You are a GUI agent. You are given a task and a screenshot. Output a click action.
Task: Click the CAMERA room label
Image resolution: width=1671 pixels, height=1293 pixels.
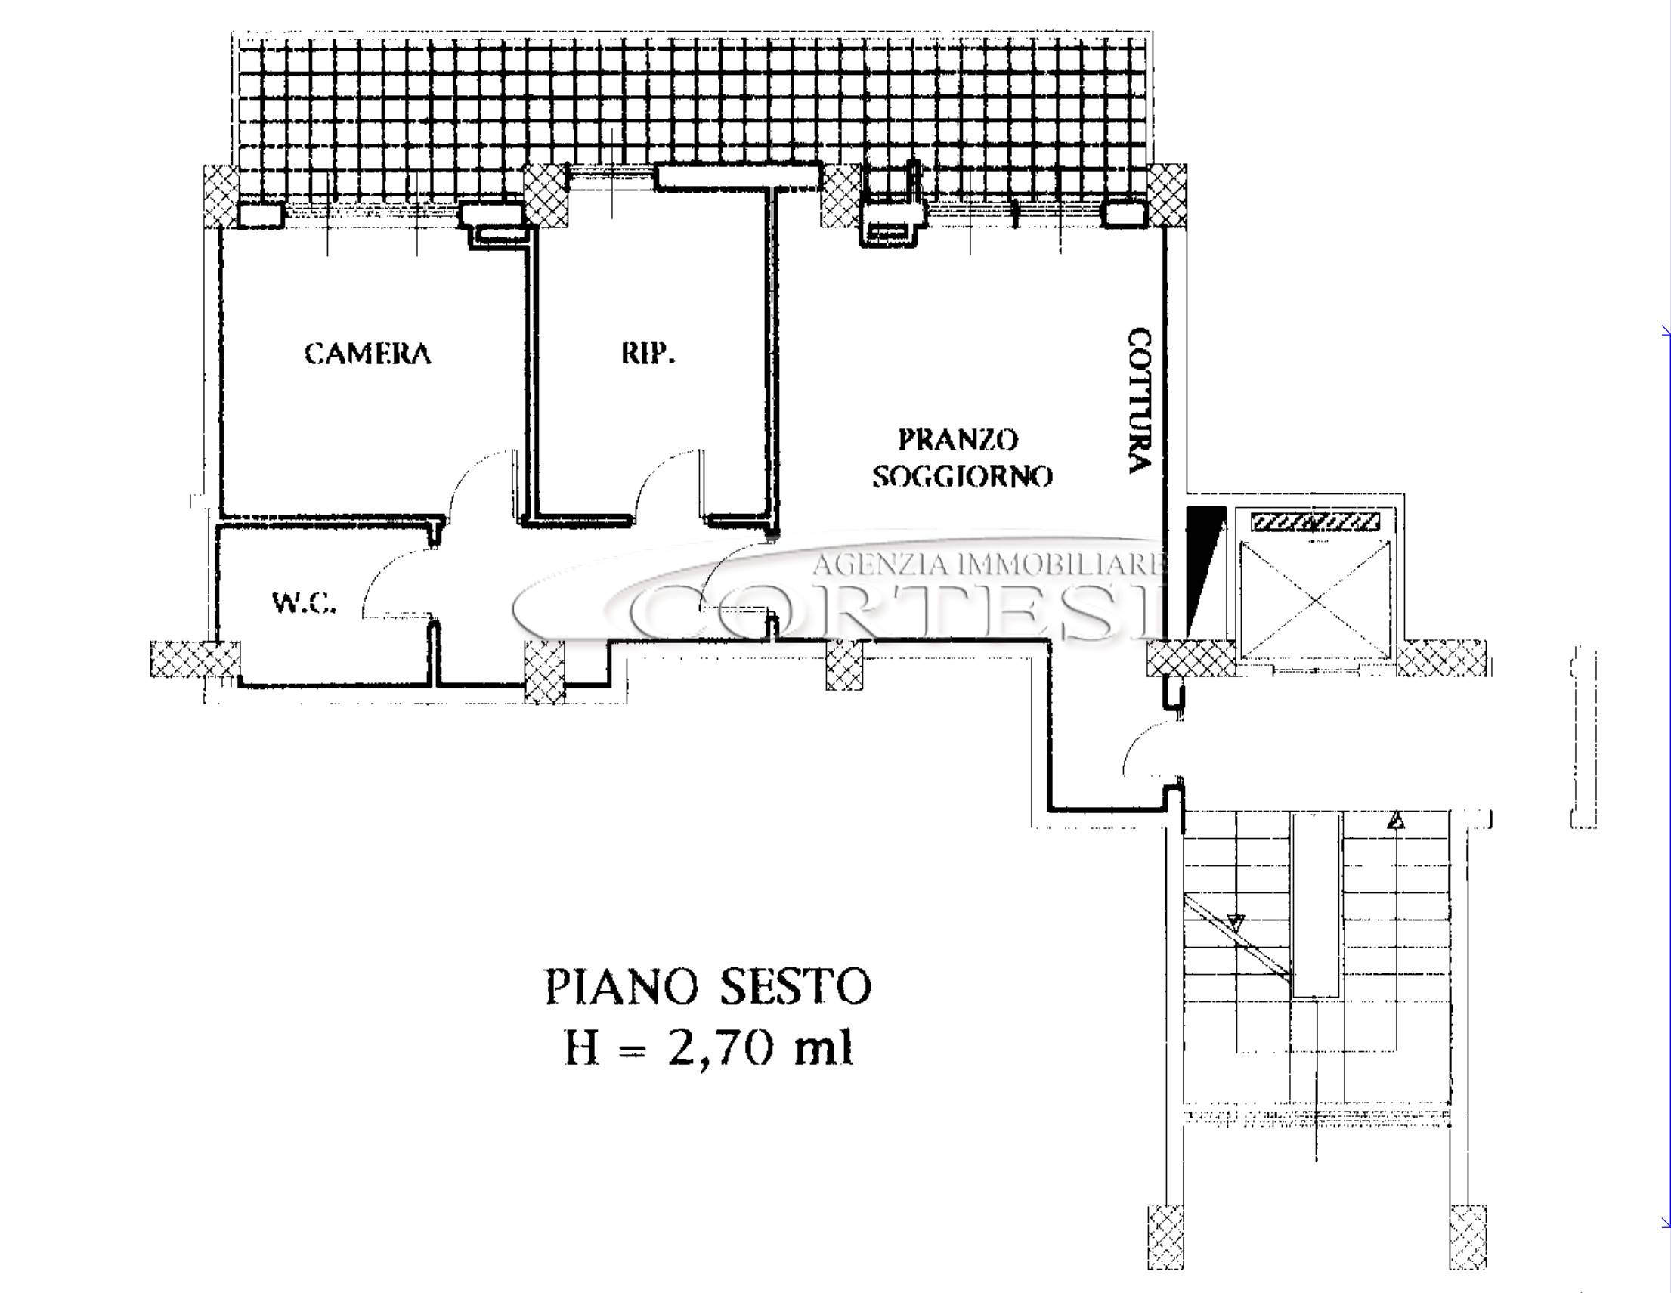pyautogui.click(x=367, y=354)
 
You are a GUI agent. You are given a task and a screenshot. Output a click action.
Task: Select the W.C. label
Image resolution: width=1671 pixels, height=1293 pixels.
pyautogui.click(x=304, y=603)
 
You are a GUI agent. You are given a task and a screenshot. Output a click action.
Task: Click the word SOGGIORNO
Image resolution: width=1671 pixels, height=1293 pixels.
pyautogui.click(x=963, y=476)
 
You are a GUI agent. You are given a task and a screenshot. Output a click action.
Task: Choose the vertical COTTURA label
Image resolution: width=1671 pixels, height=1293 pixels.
pyautogui.click(x=1139, y=401)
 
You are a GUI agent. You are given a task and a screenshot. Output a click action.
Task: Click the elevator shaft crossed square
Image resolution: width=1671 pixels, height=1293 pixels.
pyautogui.click(x=1314, y=599)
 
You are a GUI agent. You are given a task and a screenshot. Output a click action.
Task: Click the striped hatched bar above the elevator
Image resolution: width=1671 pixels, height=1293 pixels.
pyautogui.click(x=1315, y=523)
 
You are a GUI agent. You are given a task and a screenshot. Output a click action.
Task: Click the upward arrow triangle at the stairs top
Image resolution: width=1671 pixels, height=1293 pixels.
pyautogui.click(x=1397, y=821)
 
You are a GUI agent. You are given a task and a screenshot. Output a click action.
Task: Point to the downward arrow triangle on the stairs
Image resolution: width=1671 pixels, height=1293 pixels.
pyautogui.click(x=1235, y=923)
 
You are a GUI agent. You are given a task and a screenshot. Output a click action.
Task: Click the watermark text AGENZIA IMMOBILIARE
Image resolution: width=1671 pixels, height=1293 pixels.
pyautogui.click(x=989, y=565)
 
